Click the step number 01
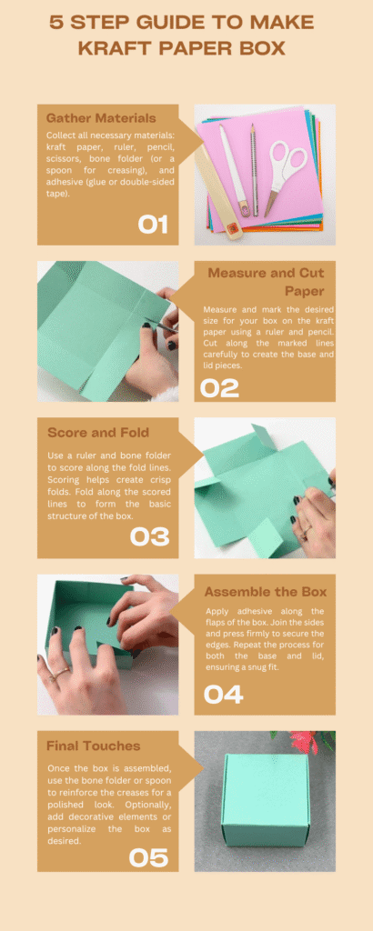click(153, 225)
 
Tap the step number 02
click(220, 388)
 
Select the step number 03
click(150, 536)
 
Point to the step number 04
click(223, 695)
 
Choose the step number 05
click(148, 857)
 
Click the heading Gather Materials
click(101, 117)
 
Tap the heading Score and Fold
click(98, 432)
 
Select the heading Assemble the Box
click(266, 592)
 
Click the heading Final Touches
click(93, 746)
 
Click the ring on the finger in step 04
click(59, 673)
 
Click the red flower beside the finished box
click(304, 741)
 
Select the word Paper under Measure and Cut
click(305, 292)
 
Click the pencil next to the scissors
click(254, 170)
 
